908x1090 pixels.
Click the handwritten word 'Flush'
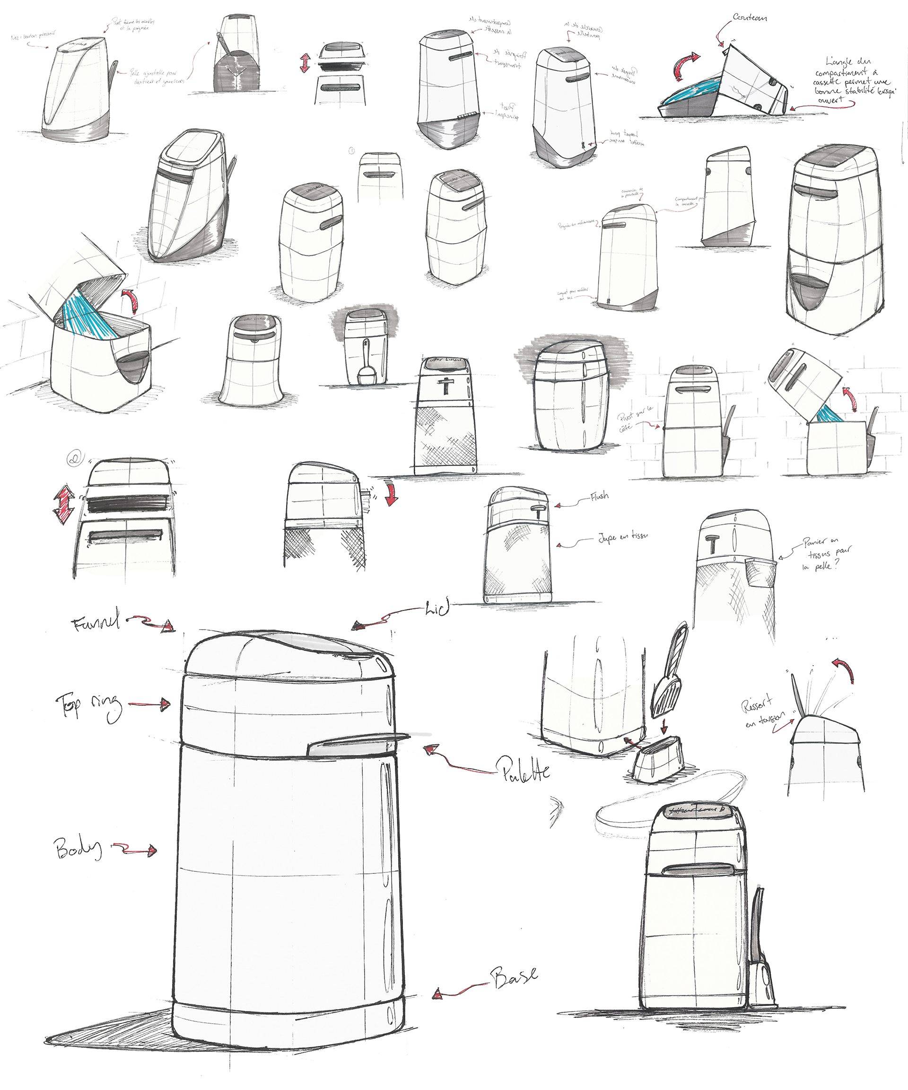pos(599,497)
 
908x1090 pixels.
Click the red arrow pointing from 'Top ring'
pos(150,704)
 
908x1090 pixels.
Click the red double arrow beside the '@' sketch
pos(63,504)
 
